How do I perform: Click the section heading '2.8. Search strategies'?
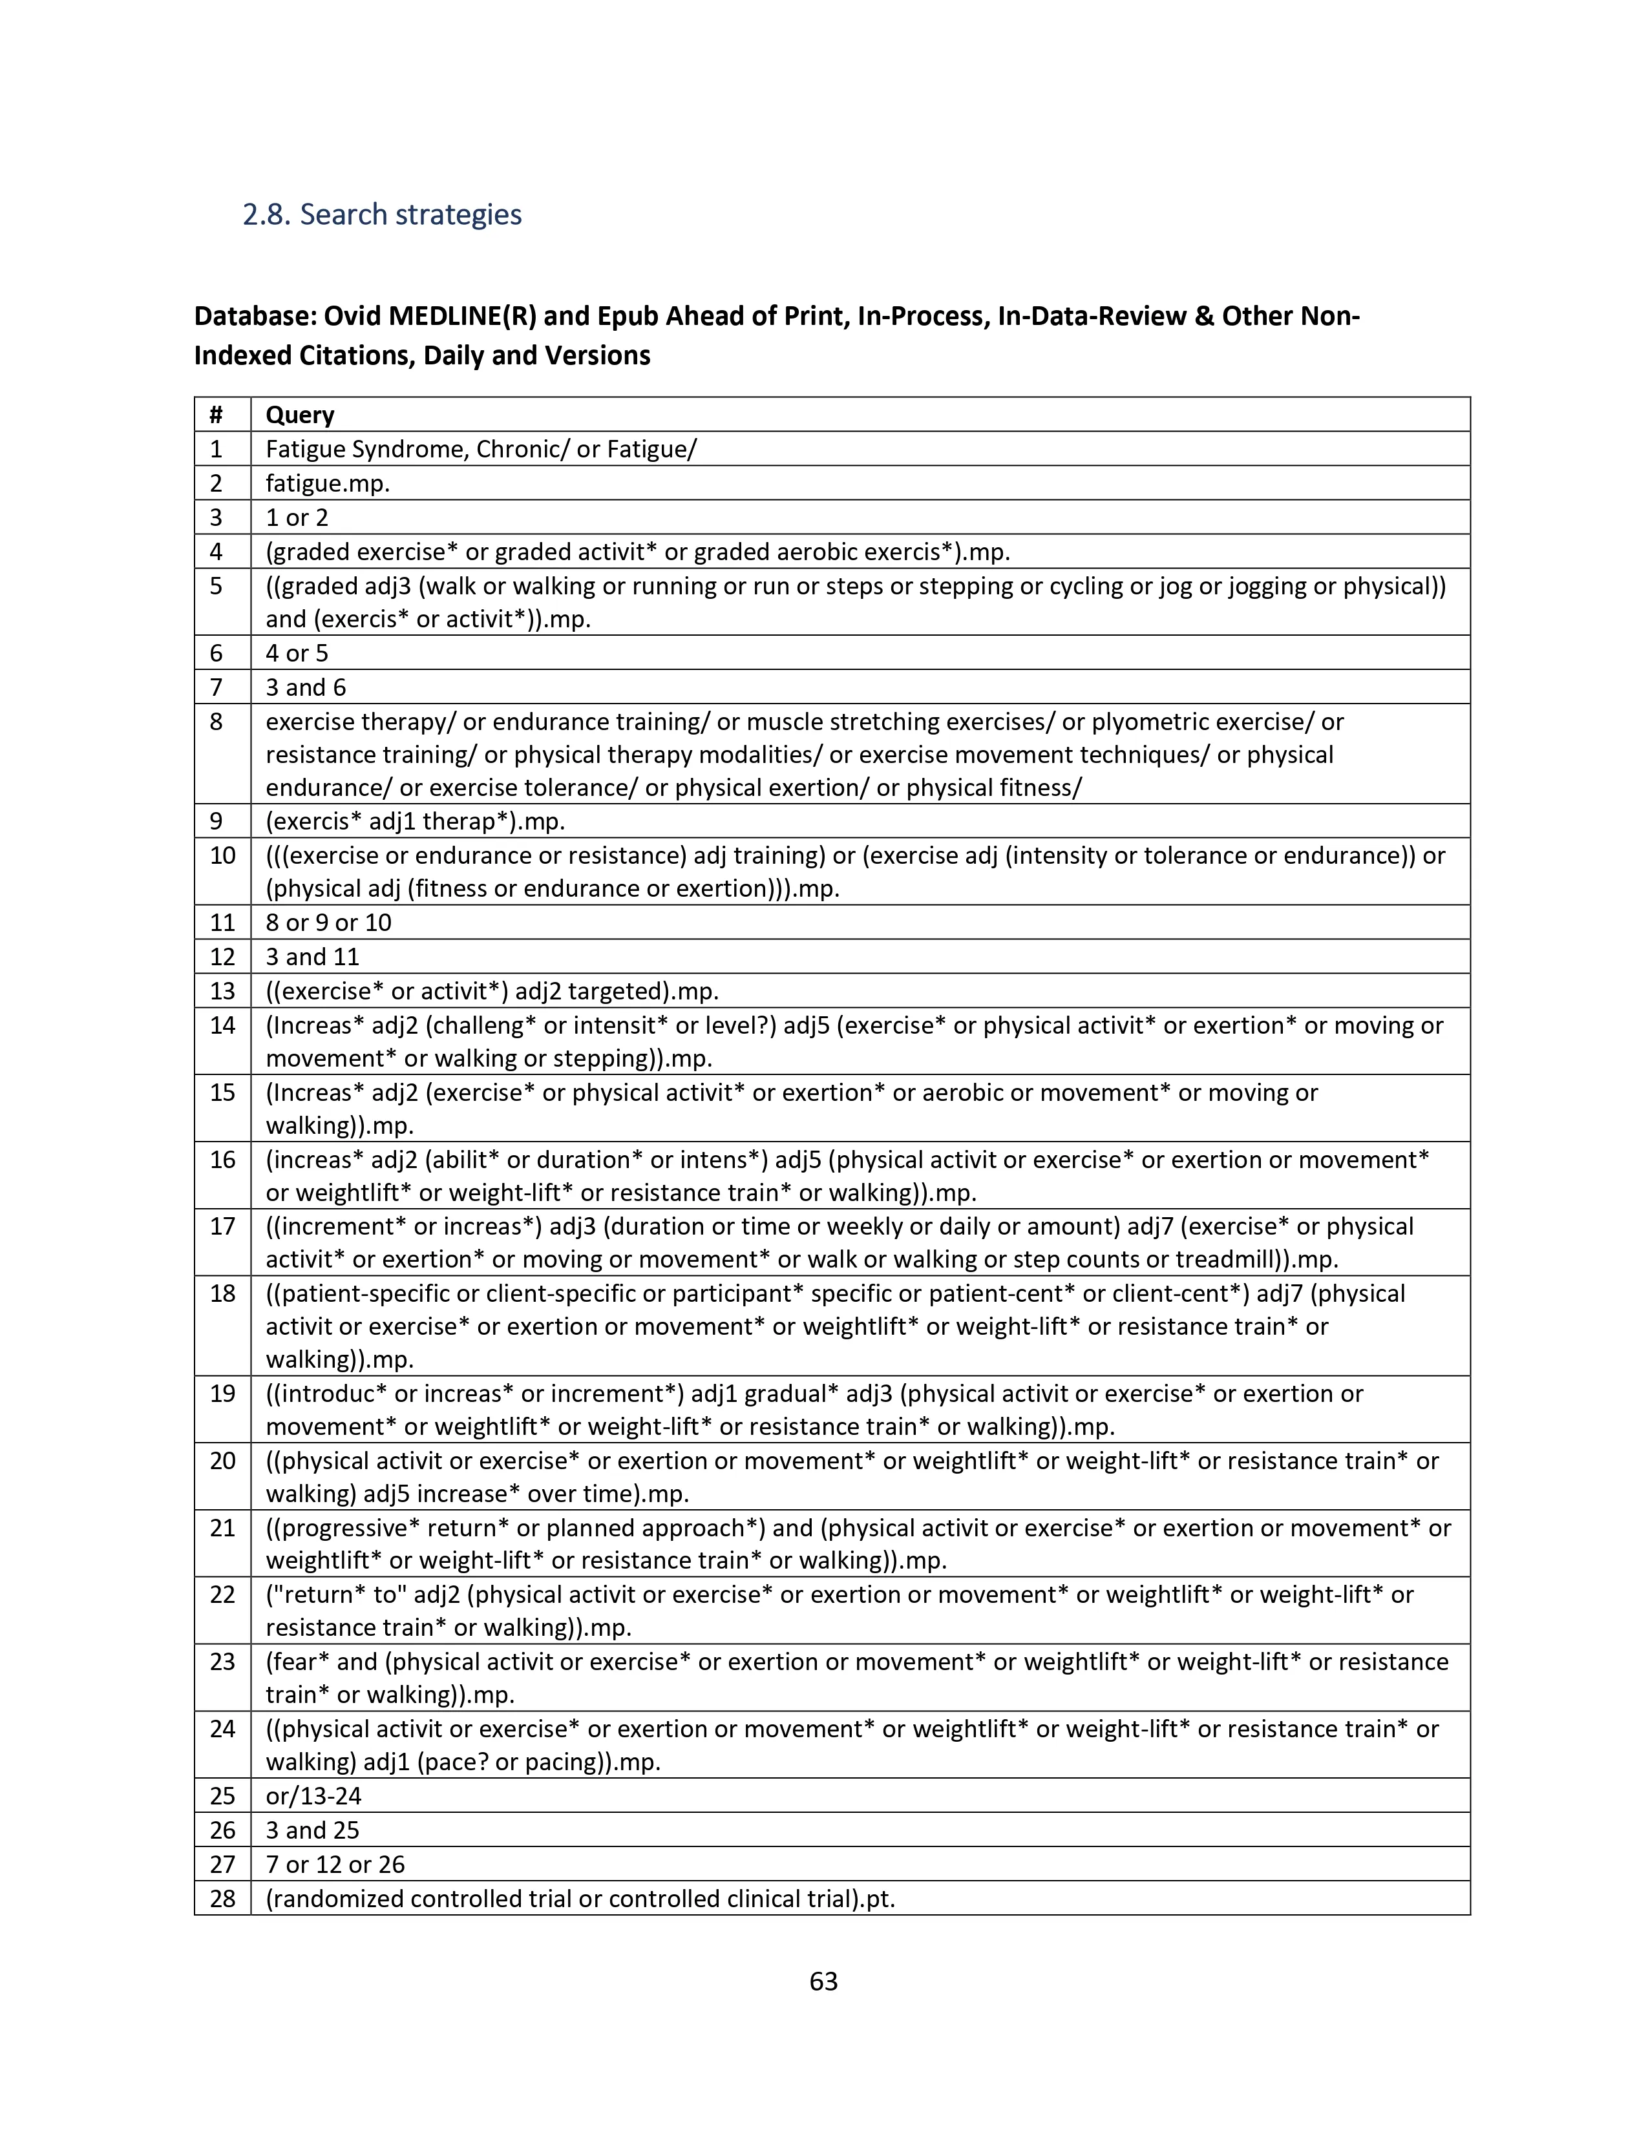pyautogui.click(x=382, y=214)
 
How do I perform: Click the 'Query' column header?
pyautogui.click(x=300, y=415)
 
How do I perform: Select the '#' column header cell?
pyautogui.click(x=216, y=415)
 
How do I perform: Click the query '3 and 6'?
pyautogui.click(x=306, y=687)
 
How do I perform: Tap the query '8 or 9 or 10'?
pyautogui.click(x=328, y=923)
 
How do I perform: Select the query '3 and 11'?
pyautogui.click(x=312, y=957)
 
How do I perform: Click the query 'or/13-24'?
pyautogui.click(x=313, y=1795)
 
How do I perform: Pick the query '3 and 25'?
pyautogui.click(x=312, y=1830)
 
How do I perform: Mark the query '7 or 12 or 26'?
pyautogui.click(x=335, y=1863)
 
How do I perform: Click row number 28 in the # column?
pyautogui.click(x=222, y=1897)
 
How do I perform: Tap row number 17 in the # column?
pyautogui.click(x=222, y=1226)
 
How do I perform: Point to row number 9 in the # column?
pyautogui.click(x=216, y=821)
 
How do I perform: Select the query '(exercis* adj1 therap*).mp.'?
pyautogui.click(x=415, y=821)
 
